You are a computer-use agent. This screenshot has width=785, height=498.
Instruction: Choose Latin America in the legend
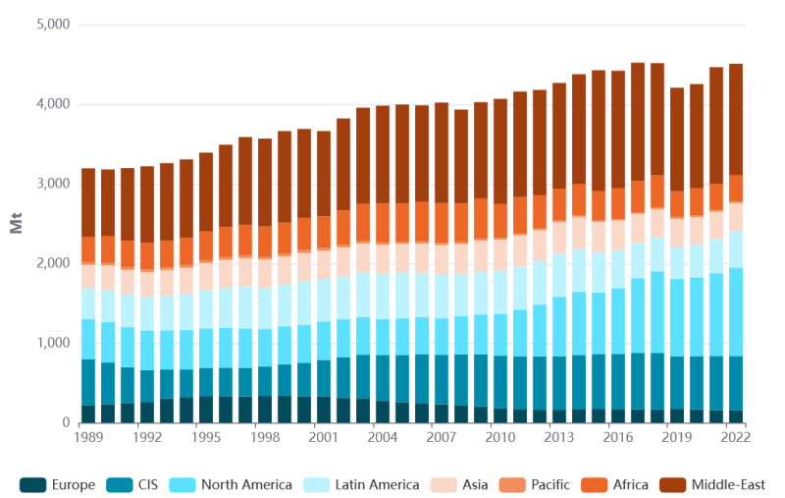pos(365,484)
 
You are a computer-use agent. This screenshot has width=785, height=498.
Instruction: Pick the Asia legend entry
pos(471,484)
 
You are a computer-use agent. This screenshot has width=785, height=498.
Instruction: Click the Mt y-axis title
pos(17,224)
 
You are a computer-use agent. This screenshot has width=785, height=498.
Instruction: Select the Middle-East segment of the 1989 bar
pos(88,202)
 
